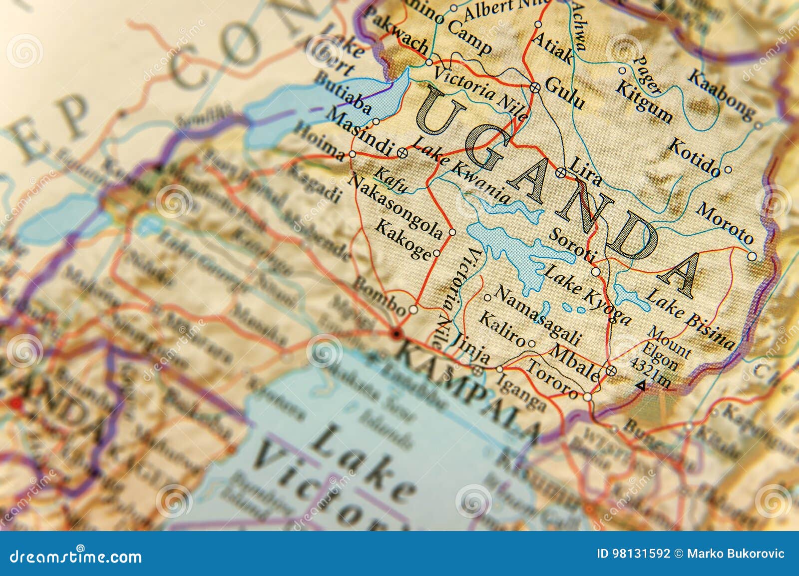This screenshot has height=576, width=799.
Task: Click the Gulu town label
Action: [x=564, y=92]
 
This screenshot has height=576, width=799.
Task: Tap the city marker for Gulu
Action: [x=535, y=88]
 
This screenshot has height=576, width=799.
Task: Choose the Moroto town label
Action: [x=725, y=222]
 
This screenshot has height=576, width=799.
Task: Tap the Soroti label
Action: [x=572, y=245]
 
